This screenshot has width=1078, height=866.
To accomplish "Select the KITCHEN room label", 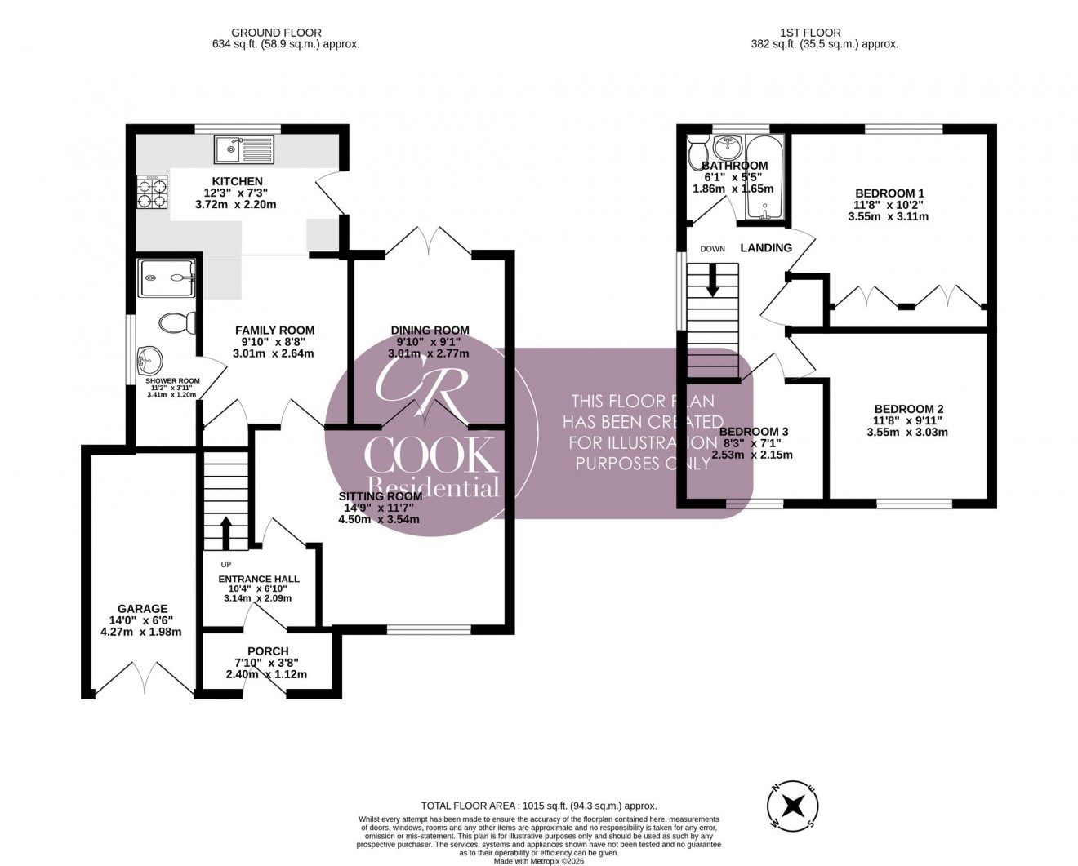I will coord(237,181).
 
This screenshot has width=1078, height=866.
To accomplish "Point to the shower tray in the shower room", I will coord(168,278).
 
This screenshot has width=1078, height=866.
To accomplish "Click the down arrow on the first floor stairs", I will coord(712,280).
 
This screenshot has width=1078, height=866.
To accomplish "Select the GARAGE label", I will coord(142,608).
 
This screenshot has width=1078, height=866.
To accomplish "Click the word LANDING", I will coord(765,247).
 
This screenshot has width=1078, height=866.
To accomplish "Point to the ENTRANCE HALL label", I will coord(258,579).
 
